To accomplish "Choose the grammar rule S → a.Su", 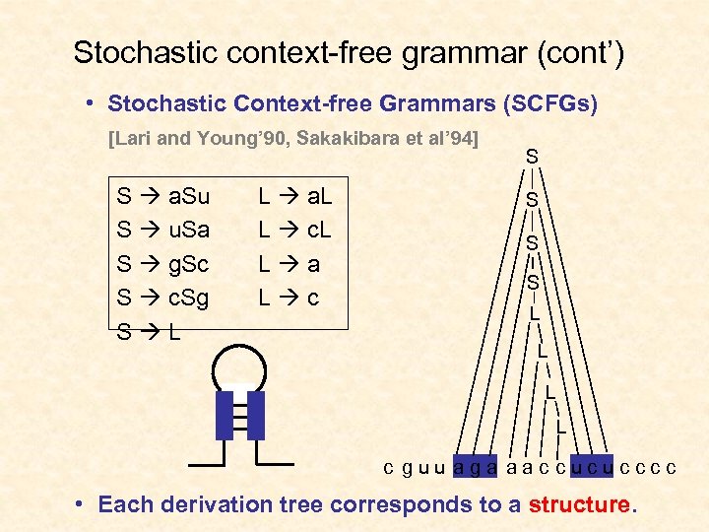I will (x=162, y=197).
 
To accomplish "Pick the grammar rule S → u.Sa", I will (x=162, y=231).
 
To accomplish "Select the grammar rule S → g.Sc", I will (x=162, y=264).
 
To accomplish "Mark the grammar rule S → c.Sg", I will (x=162, y=298).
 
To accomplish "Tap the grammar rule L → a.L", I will (x=294, y=197).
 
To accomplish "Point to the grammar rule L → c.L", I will (x=294, y=231).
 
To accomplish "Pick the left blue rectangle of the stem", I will (x=226, y=414).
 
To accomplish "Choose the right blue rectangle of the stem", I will (x=256, y=414).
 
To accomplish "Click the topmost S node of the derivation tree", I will (x=532, y=156).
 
